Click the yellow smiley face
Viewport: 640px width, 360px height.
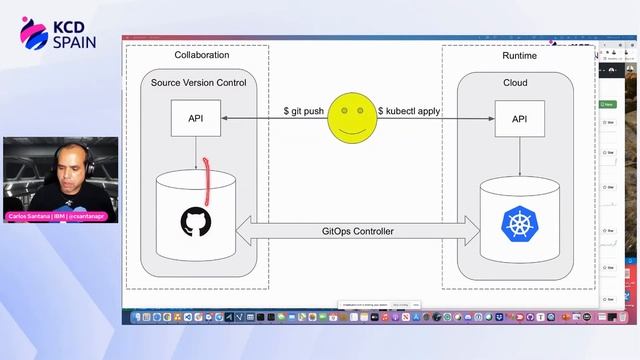(x=351, y=117)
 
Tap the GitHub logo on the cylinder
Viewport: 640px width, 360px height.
(x=196, y=222)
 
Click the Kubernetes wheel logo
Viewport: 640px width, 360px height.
(x=519, y=222)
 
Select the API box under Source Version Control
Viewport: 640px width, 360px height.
(x=196, y=118)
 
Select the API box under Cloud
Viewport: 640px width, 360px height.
(x=519, y=119)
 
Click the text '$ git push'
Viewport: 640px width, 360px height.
(x=304, y=111)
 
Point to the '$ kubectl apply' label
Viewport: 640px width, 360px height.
(x=408, y=111)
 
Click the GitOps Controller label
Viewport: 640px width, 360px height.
(x=357, y=232)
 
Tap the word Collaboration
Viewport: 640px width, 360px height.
(x=202, y=56)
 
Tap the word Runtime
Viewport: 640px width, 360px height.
(x=519, y=56)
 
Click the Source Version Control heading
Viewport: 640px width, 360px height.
(x=198, y=82)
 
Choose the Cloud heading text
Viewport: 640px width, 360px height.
(x=515, y=83)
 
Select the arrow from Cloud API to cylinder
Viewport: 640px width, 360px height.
(x=519, y=158)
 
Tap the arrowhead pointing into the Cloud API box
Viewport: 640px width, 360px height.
(x=494, y=119)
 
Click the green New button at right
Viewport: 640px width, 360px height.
(x=608, y=104)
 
